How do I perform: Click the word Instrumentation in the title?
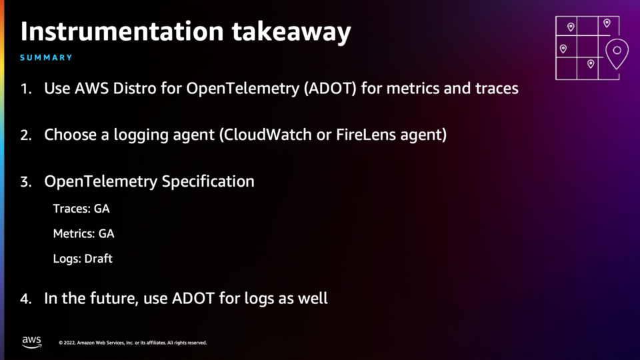(x=122, y=31)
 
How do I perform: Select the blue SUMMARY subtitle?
(x=46, y=57)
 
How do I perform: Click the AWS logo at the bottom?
(x=32, y=342)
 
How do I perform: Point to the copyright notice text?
(x=133, y=343)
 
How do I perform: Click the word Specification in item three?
(x=208, y=181)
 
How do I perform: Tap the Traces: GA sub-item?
(x=81, y=209)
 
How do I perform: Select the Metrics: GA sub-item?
(x=84, y=233)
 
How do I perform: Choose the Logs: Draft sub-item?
(x=83, y=259)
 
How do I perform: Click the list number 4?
(x=26, y=299)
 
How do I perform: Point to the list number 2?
(x=26, y=135)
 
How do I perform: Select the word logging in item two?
(x=141, y=135)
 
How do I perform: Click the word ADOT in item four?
(x=193, y=299)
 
